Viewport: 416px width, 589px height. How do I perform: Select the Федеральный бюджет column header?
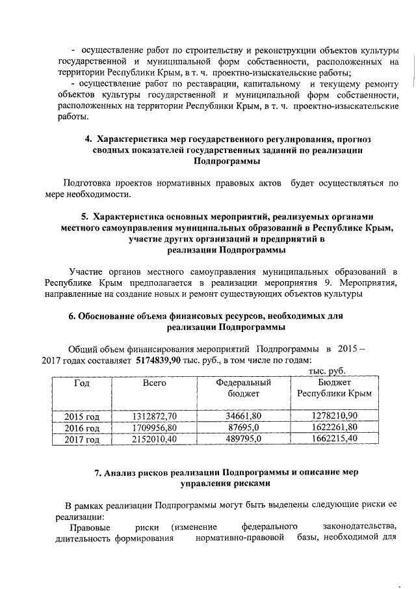pyautogui.click(x=243, y=389)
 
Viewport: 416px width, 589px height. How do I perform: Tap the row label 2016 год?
pyautogui.click(x=82, y=428)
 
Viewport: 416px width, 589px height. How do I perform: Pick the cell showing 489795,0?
pyautogui.click(x=243, y=440)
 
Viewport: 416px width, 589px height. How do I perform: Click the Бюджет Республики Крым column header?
pyautogui.click(x=333, y=389)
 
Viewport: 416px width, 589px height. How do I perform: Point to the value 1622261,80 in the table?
pyautogui.click(x=333, y=428)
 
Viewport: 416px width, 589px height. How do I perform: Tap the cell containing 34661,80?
pyautogui.click(x=243, y=415)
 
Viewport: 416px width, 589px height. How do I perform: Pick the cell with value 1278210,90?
pyautogui.click(x=333, y=415)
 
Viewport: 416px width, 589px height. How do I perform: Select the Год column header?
pyautogui.click(x=82, y=383)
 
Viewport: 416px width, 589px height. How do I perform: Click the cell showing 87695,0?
pyautogui.click(x=243, y=428)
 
